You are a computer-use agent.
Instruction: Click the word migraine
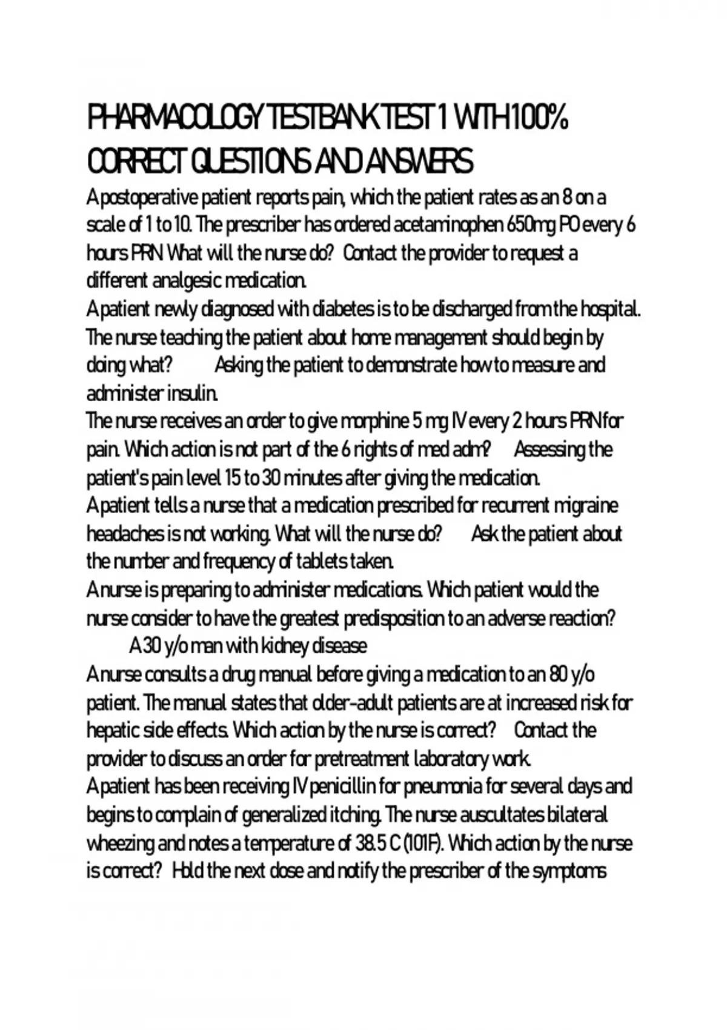coord(584,505)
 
